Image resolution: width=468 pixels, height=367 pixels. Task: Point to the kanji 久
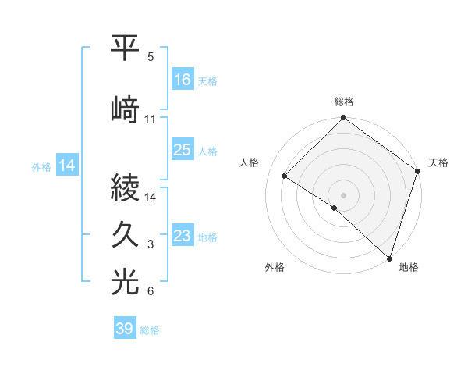(x=126, y=234)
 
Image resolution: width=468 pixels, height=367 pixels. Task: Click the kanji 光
(x=126, y=283)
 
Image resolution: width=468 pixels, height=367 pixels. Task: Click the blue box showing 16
(x=182, y=80)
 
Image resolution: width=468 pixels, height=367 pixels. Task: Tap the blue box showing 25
(x=182, y=150)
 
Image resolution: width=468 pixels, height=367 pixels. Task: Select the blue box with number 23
(x=182, y=236)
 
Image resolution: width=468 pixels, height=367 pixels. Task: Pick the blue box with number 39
(x=124, y=330)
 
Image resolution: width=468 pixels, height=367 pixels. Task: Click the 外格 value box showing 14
(x=66, y=166)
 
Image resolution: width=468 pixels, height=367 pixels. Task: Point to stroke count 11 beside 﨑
(x=151, y=119)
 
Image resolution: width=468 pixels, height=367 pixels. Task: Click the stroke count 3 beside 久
(x=151, y=244)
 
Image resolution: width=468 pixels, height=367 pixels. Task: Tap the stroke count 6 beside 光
(x=151, y=292)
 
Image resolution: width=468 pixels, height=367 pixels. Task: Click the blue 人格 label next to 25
(x=207, y=151)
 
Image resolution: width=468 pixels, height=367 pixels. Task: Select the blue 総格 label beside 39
(x=150, y=330)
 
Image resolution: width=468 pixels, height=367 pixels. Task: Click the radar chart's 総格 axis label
(x=344, y=102)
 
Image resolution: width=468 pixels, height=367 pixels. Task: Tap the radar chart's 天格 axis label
(x=438, y=162)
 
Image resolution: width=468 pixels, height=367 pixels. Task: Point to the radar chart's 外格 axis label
(x=275, y=268)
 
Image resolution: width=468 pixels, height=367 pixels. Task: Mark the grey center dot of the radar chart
(x=343, y=194)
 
